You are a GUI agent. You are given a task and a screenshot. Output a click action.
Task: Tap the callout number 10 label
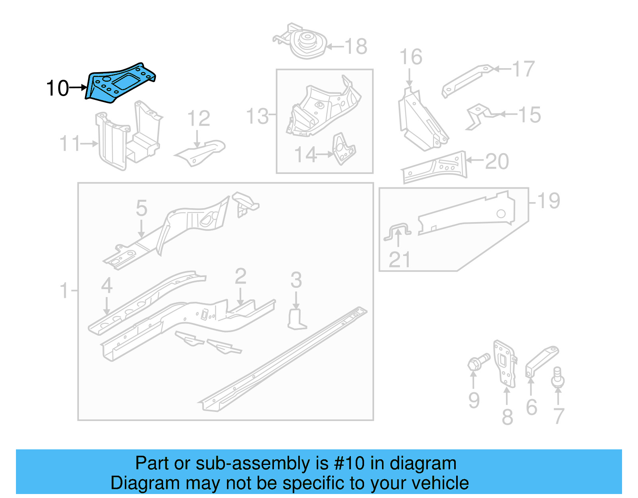(57, 89)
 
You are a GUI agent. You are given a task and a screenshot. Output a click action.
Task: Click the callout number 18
(356, 47)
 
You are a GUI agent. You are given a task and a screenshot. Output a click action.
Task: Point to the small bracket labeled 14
(343, 149)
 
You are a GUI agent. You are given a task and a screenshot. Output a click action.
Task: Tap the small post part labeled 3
(296, 319)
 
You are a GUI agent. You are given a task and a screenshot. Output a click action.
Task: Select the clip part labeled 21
(398, 232)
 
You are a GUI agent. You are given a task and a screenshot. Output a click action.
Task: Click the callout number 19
(549, 201)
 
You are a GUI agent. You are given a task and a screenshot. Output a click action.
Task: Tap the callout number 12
(199, 118)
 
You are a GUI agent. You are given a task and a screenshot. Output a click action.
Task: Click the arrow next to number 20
(475, 160)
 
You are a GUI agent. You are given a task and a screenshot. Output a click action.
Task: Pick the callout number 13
(258, 116)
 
